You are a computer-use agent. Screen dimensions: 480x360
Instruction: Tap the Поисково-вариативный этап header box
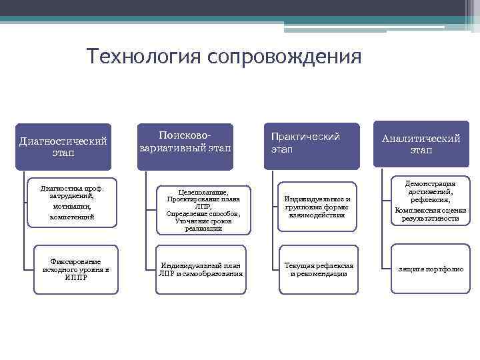coord(186,141)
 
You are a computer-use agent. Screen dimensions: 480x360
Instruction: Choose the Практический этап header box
coord(311,142)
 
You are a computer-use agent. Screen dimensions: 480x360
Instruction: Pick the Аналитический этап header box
coord(421,144)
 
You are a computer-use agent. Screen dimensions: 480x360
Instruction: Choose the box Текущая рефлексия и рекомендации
coord(319,269)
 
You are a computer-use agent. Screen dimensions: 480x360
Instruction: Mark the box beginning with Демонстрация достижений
coord(430,200)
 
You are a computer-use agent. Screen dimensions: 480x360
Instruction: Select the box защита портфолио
coord(430,269)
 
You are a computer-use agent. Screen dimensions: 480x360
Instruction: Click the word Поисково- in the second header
coord(186,135)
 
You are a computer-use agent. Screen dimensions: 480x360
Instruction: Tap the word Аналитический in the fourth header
coord(421,138)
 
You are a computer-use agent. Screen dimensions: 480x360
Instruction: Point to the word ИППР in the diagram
coord(75,277)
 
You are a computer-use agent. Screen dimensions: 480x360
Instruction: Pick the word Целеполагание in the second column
coord(203,191)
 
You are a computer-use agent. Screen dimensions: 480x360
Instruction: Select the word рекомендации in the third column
coord(323,273)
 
